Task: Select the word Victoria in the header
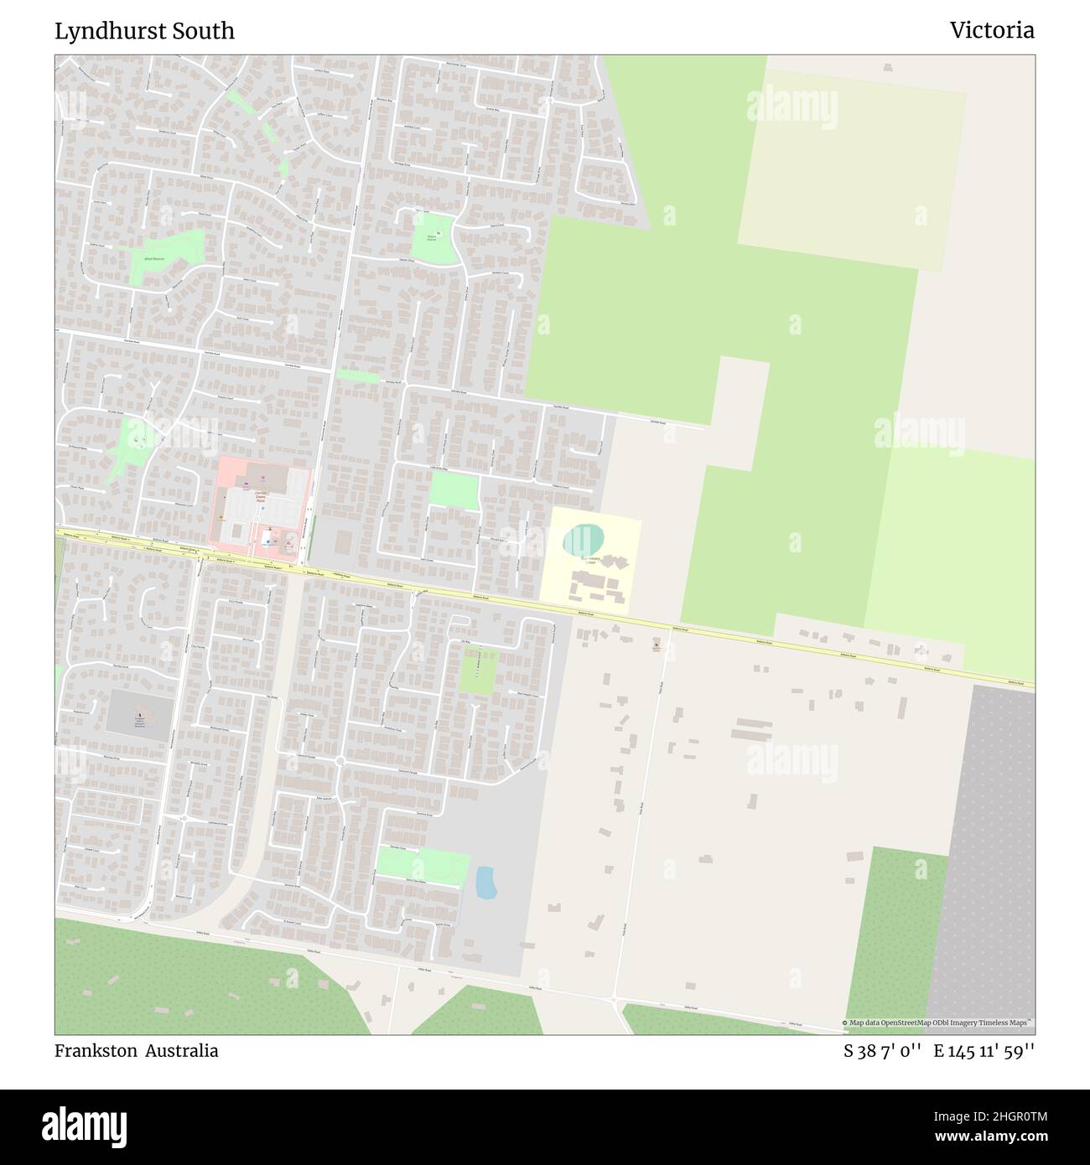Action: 992,31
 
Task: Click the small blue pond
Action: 485,882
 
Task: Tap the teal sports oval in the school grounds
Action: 582,541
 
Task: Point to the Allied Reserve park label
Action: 153,259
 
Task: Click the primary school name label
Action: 593,560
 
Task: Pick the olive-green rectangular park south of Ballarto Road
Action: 478,671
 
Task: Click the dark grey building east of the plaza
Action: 344,541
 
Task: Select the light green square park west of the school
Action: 454,491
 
